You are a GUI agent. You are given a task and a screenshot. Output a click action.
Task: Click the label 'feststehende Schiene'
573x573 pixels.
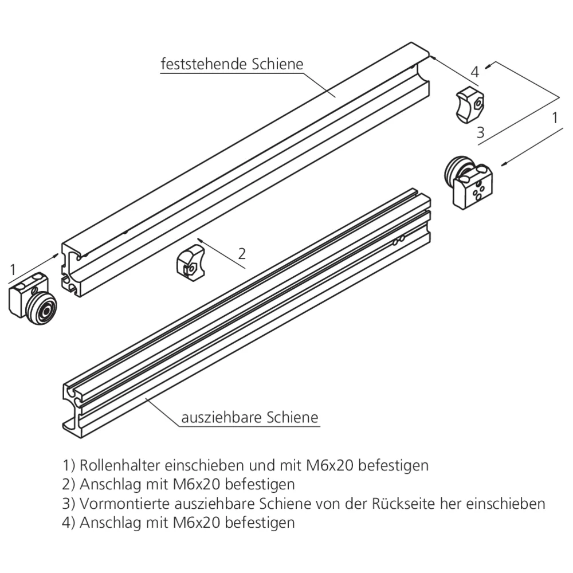[x=231, y=64]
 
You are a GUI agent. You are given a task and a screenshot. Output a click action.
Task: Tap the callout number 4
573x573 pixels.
[x=474, y=72]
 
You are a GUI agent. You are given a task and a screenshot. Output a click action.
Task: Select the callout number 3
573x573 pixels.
[x=480, y=133]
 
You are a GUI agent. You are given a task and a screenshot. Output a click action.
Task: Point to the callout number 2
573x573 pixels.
[x=242, y=253]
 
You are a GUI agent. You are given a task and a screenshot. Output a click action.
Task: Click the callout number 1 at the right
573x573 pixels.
[x=554, y=118]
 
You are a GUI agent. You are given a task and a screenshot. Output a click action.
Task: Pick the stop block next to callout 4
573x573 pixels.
[x=469, y=104]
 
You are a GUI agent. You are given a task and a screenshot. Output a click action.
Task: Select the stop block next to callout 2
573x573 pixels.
[x=189, y=262]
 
